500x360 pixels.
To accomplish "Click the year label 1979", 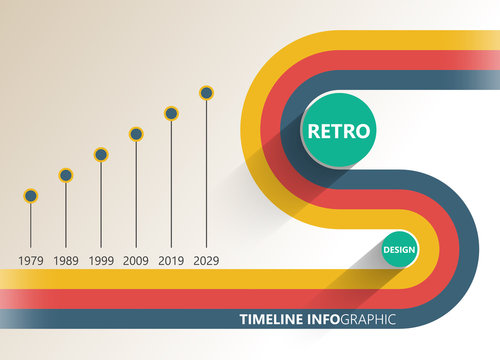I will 31,260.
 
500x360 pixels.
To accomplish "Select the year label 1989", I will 66,260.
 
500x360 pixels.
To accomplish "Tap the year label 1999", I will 101,260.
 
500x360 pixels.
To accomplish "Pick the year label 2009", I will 136,260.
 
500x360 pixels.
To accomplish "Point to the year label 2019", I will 171,260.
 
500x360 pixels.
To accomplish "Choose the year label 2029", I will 206,260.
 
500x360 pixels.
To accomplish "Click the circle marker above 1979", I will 31,196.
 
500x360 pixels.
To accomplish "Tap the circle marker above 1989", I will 66,175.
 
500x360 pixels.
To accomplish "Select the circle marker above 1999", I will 101,154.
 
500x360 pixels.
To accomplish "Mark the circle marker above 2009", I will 136,133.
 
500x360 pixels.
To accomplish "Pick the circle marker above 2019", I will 171,113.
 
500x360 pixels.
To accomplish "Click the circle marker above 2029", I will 206,93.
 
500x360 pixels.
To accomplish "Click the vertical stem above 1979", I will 31,225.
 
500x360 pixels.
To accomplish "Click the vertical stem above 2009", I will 136,195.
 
